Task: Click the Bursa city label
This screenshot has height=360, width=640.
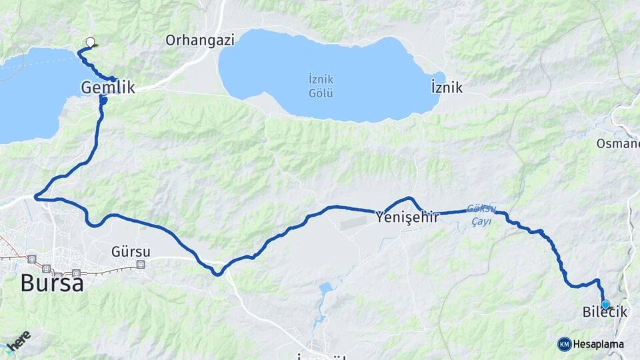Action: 52,283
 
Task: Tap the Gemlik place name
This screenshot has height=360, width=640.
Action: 108,87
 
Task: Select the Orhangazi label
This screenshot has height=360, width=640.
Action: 200,40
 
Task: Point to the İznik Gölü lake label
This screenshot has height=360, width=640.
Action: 321,85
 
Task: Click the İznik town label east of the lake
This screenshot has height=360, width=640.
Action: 447,87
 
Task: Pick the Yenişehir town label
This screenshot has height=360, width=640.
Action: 407,217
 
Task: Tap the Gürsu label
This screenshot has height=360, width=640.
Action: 131,252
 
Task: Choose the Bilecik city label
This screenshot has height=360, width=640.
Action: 605,312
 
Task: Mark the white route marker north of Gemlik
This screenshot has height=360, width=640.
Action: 90,42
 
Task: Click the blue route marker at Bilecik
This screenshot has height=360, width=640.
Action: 605,304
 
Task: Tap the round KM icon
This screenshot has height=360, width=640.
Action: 565,344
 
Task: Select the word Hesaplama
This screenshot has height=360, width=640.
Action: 599,344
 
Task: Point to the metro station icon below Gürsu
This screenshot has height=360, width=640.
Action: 141,265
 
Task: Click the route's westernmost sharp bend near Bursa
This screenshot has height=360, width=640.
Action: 36,197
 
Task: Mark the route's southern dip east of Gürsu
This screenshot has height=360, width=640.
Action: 217,273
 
